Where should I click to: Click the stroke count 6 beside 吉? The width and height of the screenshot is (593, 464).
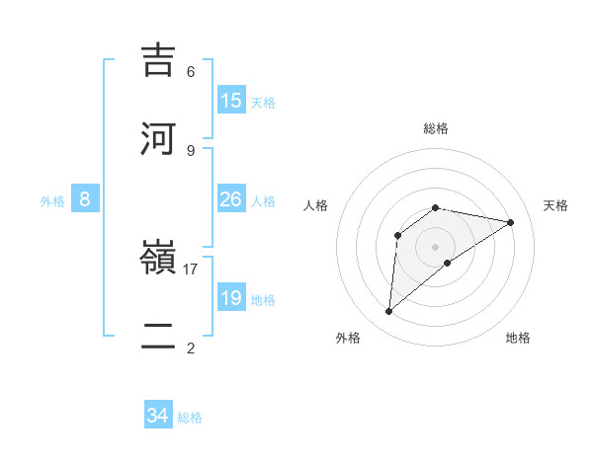click(191, 72)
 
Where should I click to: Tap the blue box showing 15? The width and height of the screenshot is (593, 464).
click(231, 101)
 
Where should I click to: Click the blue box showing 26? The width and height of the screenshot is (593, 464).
click(231, 199)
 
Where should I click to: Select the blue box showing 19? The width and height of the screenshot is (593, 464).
click(231, 298)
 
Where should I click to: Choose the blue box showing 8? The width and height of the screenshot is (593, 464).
click(85, 199)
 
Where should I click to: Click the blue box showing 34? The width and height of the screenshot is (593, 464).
click(158, 417)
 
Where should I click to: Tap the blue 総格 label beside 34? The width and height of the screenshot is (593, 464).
click(190, 418)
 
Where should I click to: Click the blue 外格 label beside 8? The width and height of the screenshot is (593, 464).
click(52, 201)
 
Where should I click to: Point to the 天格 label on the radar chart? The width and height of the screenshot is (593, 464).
click(555, 205)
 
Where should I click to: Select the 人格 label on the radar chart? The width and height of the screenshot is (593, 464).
click(316, 205)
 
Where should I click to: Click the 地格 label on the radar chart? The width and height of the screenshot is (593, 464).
click(518, 339)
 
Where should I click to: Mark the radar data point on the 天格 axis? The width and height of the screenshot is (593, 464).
click(510, 222)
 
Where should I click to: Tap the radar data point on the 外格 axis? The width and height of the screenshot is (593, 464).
click(389, 311)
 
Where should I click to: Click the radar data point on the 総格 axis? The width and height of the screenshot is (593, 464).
click(436, 207)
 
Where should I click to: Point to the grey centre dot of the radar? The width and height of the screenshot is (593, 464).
click(436, 246)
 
